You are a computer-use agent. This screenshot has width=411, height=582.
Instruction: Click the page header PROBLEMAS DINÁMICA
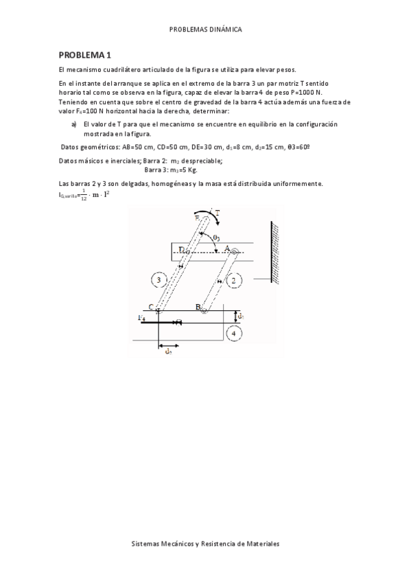[205, 30]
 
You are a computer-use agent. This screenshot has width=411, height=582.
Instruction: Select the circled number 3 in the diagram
[158, 280]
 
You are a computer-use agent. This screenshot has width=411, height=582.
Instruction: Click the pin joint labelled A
[234, 253]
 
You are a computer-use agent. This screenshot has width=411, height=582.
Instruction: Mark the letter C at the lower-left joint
[152, 307]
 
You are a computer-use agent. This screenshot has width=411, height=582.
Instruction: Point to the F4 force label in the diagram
[142, 318]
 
